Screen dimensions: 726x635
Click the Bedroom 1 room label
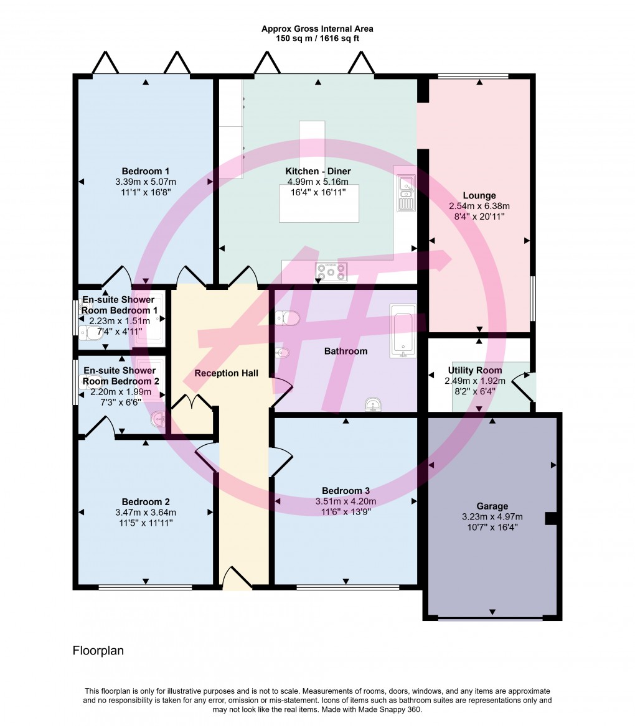(146, 171)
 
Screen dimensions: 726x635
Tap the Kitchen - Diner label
(317, 171)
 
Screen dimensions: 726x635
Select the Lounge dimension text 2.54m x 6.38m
(479, 206)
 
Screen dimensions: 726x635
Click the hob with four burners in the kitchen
(332, 271)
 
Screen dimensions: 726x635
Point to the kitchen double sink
(406, 192)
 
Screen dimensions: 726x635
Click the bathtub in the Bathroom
(402, 331)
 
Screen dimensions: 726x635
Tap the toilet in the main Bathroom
(288, 319)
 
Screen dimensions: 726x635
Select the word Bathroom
(346, 351)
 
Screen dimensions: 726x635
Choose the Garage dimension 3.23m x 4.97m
(492, 516)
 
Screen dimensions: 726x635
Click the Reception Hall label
(226, 373)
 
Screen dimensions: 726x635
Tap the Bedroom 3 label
(346, 490)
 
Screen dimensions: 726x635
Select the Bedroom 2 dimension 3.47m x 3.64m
(146, 513)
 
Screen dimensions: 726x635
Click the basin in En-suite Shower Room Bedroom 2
(159, 420)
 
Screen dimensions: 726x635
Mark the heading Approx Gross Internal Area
(317, 29)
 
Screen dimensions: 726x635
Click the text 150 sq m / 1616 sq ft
(317, 39)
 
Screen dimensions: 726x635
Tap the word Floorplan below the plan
(98, 651)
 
